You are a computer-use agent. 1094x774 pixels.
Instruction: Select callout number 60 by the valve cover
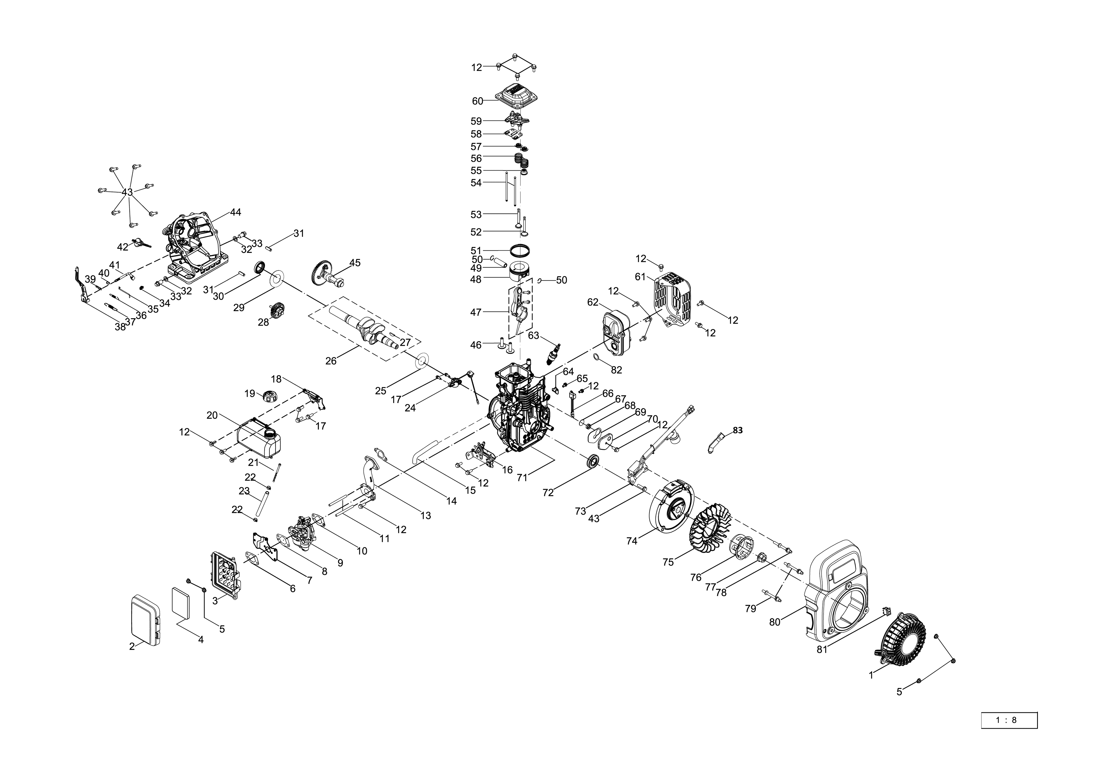[x=477, y=101]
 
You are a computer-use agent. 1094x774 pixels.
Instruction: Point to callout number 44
[x=235, y=213]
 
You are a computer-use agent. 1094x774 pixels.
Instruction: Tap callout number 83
[x=737, y=430]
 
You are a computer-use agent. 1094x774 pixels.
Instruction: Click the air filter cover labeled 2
[x=145, y=619]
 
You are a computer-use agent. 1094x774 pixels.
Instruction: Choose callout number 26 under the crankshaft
[x=331, y=361]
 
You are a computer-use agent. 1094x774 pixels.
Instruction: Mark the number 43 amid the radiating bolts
[x=127, y=192]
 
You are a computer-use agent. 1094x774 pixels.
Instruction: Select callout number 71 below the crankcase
[x=522, y=477]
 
